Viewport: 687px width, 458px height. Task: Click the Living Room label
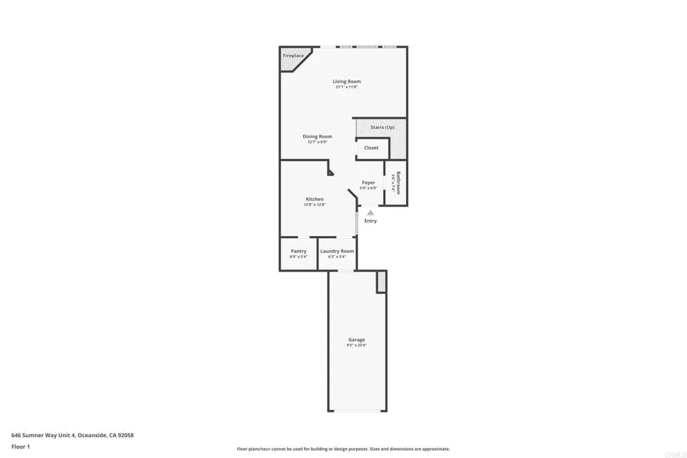coord(346,82)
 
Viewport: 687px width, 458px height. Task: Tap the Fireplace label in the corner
coord(293,56)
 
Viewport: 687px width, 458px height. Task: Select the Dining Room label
coord(317,137)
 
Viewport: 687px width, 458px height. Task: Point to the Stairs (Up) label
coord(382,127)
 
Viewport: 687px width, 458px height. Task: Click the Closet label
coord(371,148)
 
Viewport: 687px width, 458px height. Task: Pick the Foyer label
coord(368,182)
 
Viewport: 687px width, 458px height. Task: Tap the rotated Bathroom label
coord(399,182)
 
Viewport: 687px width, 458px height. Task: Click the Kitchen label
coord(315,199)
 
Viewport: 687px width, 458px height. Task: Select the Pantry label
coord(299,251)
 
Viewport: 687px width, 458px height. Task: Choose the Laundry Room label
coord(337,251)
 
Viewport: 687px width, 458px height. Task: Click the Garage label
coord(356,340)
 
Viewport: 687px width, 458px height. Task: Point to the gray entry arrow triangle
coord(370,213)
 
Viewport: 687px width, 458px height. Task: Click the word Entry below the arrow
coord(370,221)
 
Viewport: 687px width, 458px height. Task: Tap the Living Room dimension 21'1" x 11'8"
coord(346,87)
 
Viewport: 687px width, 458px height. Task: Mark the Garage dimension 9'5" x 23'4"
coord(356,345)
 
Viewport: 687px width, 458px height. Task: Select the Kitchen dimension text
coord(315,205)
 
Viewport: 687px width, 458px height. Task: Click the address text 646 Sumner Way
coord(72,435)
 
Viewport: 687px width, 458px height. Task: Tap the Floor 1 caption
coord(21,446)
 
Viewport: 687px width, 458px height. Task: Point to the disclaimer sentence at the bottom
coord(343,449)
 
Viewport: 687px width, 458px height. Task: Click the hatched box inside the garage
coord(382,282)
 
